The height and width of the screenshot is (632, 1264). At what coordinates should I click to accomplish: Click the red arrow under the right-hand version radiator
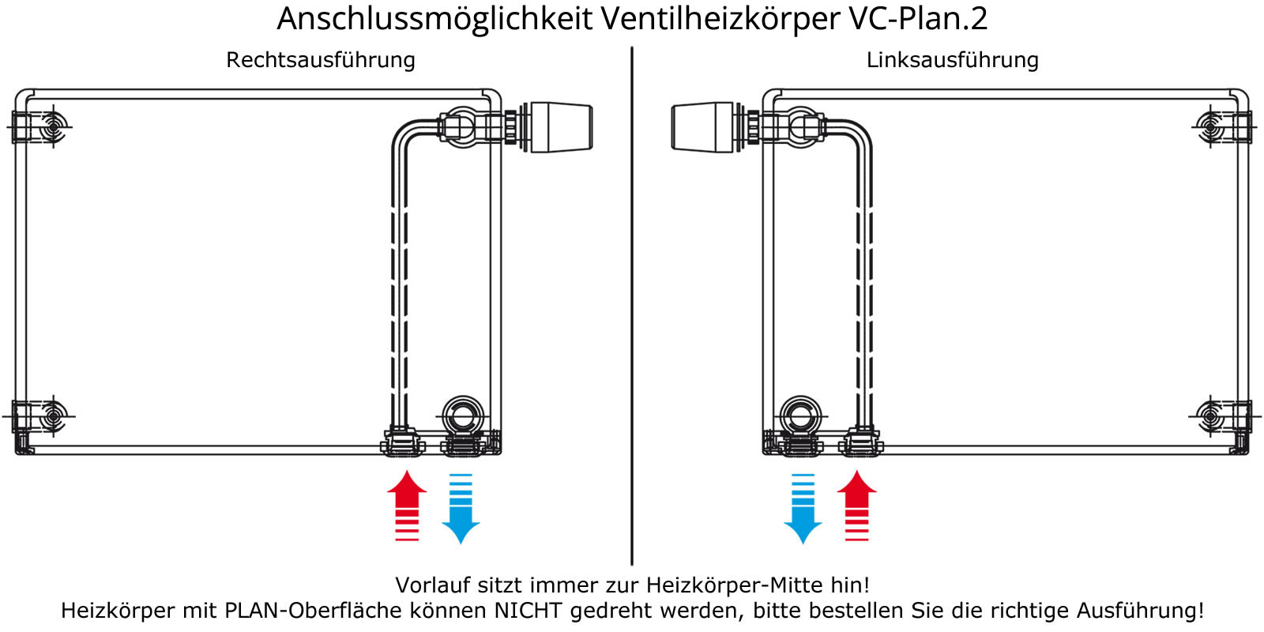point(407,506)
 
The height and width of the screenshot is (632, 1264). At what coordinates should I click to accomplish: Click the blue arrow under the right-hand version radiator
point(461,509)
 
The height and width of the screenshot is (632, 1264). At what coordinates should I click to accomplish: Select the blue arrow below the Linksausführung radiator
point(803,509)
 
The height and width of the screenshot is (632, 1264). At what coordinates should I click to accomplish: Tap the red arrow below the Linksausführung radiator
point(856,506)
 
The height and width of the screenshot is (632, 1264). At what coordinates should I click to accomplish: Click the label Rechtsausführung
point(321,60)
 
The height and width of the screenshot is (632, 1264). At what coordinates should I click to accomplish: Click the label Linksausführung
point(953,60)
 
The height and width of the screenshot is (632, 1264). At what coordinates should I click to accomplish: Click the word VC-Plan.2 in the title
point(918,18)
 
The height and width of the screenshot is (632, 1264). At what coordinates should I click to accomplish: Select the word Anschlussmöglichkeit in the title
point(434,19)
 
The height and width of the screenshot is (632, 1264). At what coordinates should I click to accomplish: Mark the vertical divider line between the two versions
point(632,306)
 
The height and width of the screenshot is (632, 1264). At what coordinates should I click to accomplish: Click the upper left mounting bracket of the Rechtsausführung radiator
point(39,126)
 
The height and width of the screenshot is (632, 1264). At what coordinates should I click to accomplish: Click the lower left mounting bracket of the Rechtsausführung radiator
point(39,417)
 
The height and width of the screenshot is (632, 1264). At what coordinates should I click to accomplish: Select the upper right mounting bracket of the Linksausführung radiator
point(1224,126)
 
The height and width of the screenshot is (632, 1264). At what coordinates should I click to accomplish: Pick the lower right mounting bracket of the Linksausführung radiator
point(1224,417)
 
